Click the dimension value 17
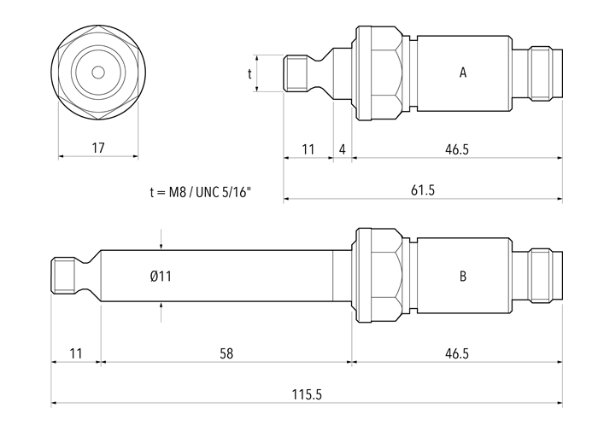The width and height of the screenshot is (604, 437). click(97, 148)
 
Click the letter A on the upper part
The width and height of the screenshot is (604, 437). click(462, 73)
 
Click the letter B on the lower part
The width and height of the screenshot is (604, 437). click(462, 276)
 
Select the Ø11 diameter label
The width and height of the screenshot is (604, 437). click(161, 276)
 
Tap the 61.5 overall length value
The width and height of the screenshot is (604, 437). click(422, 189)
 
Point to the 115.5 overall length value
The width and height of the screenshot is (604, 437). click(306, 394)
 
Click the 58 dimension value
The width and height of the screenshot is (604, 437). click(226, 352)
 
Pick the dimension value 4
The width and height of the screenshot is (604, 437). click(342, 149)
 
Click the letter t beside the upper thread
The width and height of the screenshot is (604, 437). click(250, 73)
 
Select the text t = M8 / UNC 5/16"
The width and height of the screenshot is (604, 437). click(202, 193)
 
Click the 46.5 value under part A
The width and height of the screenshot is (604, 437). click(457, 149)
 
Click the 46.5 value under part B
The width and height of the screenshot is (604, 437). click(457, 352)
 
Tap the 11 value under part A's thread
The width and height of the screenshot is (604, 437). click(308, 149)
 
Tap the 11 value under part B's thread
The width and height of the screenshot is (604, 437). click(75, 352)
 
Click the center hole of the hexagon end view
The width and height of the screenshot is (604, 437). click(97, 73)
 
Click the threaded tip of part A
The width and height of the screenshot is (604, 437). click(296, 73)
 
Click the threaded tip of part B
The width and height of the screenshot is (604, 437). click(64, 275)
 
